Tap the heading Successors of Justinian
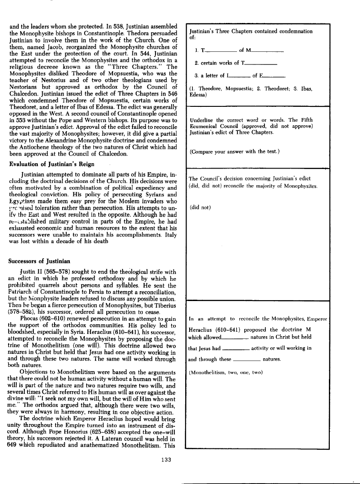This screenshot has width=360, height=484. [40, 261]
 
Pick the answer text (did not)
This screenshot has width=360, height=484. [201, 207]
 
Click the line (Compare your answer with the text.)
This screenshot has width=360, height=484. [234, 151]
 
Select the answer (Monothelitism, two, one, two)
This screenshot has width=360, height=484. [226, 372]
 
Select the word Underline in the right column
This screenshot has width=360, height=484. [202, 120]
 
